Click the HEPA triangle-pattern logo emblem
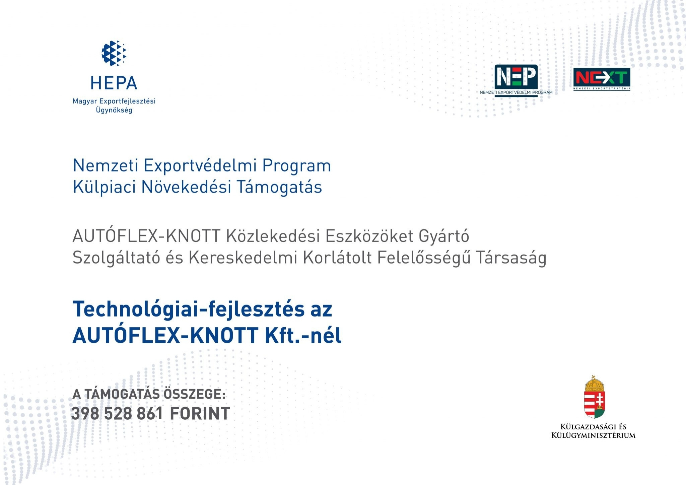coord(114,53)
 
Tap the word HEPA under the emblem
coord(114,83)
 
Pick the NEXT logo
coord(602,79)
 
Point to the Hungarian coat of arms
coord(594,397)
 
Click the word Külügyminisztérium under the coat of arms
coord(593,435)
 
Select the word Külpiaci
coord(104,187)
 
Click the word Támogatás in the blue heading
coord(279,187)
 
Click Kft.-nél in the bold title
coord(303,335)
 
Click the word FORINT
coord(200,414)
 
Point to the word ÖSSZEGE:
coord(194,394)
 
